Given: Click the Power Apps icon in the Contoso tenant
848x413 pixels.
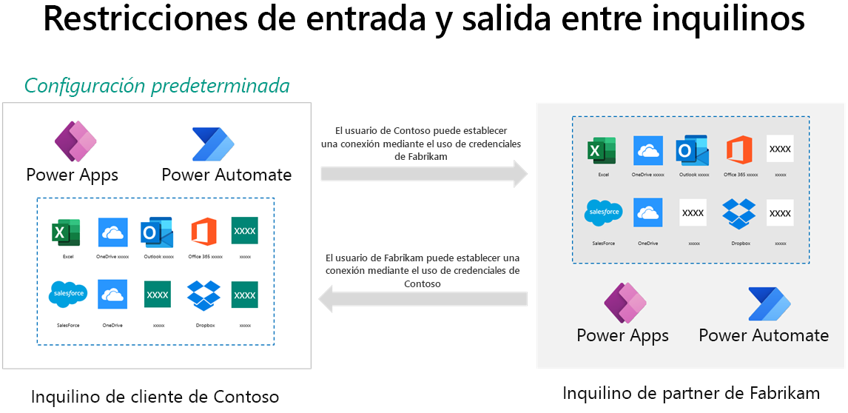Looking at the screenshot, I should [x=76, y=141].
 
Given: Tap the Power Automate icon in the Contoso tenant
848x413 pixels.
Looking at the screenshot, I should [x=213, y=144].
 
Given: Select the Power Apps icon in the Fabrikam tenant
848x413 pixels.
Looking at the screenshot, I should [x=625, y=303].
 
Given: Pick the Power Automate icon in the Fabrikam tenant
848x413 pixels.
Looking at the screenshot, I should [x=769, y=304].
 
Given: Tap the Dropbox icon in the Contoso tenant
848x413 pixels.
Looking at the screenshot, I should [x=203, y=295].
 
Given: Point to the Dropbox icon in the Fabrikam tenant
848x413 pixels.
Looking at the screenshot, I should [x=738, y=212].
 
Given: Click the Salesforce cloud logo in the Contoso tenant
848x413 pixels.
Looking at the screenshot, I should [x=68, y=294].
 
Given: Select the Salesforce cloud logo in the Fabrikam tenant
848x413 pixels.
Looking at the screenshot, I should [x=604, y=212].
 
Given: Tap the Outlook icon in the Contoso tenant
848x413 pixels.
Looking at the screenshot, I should [x=157, y=232].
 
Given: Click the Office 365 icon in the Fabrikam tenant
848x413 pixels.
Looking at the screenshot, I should [x=738, y=150].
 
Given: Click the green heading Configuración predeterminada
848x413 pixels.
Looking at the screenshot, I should [x=157, y=86].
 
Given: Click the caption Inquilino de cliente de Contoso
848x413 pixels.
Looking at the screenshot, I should [x=155, y=397].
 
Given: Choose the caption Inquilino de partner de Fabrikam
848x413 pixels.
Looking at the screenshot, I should [x=691, y=392].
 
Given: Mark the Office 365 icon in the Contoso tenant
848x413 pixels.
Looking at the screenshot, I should [x=203, y=232].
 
